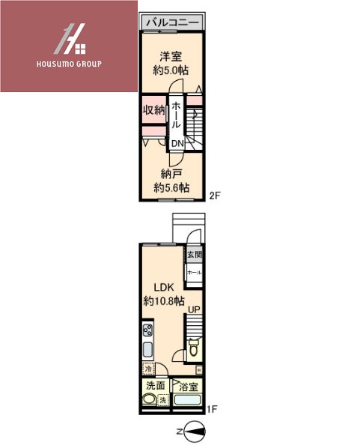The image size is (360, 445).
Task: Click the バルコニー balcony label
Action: (172, 23)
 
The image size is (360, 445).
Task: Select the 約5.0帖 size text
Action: (170, 70)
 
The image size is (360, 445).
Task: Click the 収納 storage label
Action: (154, 110)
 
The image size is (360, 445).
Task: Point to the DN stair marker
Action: (177, 144)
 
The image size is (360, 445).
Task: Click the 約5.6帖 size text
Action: (171, 187)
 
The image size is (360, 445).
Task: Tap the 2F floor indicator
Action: (215, 196)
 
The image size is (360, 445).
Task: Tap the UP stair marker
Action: (194, 309)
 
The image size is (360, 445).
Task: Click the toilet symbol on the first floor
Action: (194, 348)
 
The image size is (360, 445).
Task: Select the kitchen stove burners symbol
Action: (147, 330)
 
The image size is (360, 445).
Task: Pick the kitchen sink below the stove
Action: (147, 351)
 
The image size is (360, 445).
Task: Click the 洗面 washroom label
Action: (155, 387)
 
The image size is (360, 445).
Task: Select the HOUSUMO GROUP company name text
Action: (70, 64)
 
